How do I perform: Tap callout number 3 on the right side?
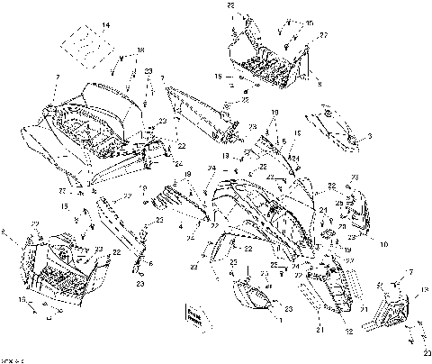[370, 137]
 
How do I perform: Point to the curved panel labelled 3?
[335, 127]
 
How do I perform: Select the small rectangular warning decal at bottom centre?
[193, 314]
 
